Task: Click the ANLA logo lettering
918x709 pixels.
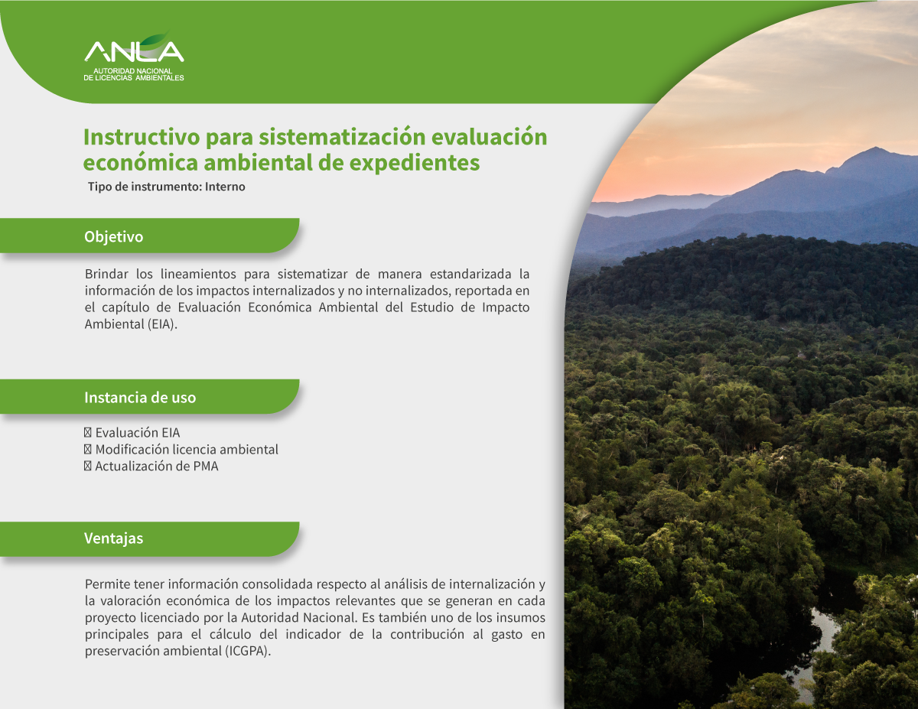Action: [134, 51]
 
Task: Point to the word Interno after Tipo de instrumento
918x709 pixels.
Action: [225, 187]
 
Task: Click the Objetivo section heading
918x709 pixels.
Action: [114, 236]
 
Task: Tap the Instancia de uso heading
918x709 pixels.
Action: [140, 398]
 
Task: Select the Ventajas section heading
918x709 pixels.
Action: [114, 538]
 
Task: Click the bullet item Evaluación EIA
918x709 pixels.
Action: [132, 432]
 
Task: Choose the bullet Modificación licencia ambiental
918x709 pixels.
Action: [181, 449]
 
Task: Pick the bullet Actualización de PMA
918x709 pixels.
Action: [151, 467]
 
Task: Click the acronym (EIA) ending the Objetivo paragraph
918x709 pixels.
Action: [162, 324]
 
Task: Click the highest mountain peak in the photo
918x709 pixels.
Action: [876, 148]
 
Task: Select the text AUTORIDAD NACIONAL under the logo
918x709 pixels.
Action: [132, 71]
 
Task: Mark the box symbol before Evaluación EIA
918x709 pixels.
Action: [88, 432]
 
